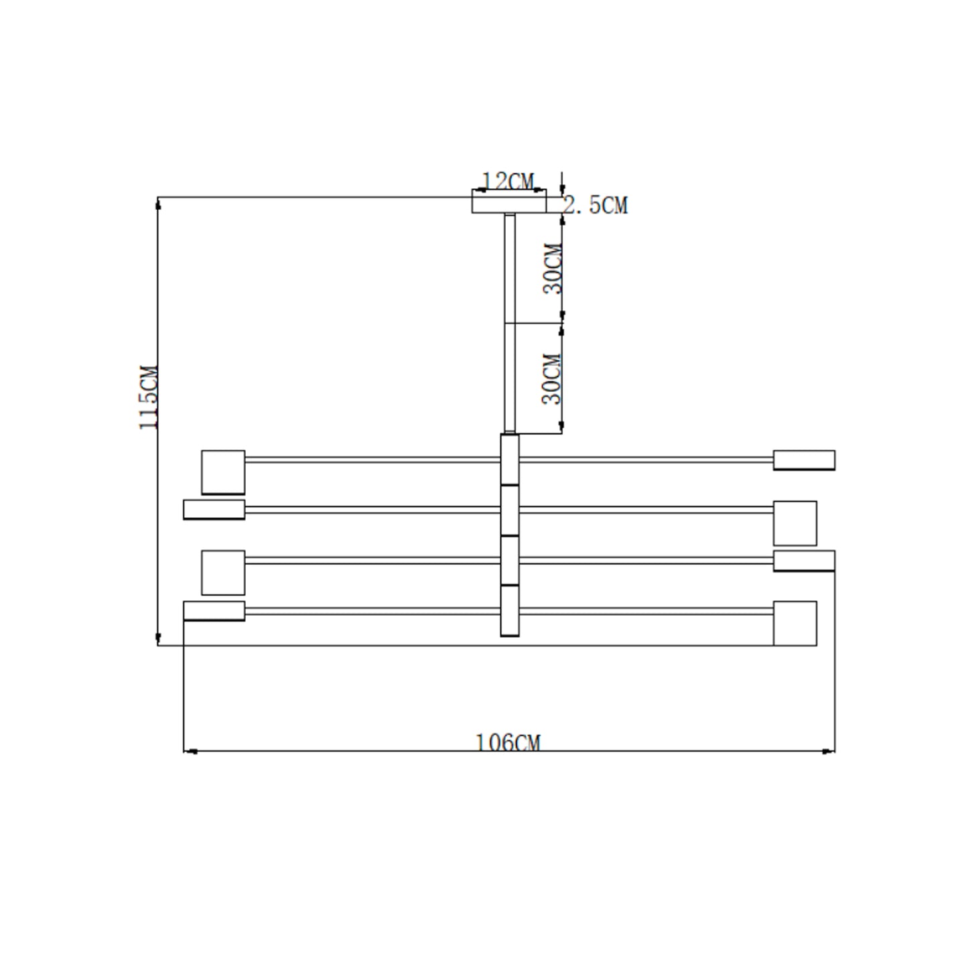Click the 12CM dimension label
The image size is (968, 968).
pyautogui.click(x=508, y=181)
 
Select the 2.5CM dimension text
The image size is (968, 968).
pyautogui.click(x=596, y=206)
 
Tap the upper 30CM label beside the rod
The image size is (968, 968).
pyautogui.click(x=552, y=269)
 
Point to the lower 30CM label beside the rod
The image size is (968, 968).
pyautogui.click(x=551, y=379)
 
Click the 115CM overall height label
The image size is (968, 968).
pyautogui.click(x=149, y=397)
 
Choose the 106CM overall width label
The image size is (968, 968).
pyautogui.click(x=508, y=743)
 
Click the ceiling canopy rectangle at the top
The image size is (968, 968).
pyautogui.click(x=508, y=201)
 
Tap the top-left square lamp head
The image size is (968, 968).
pyautogui.click(x=223, y=472)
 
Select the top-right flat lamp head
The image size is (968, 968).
pyautogui.click(x=804, y=460)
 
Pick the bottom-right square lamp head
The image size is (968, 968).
pyautogui.click(x=794, y=623)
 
